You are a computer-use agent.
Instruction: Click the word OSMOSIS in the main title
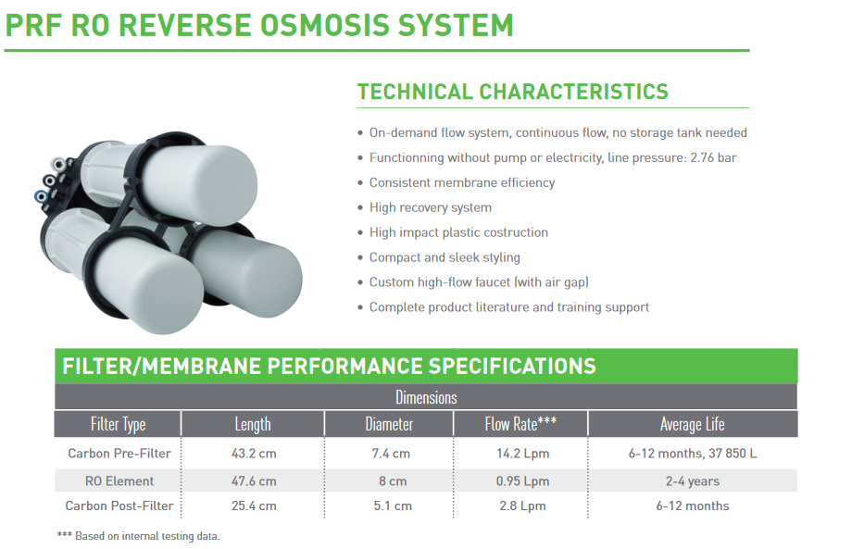324,25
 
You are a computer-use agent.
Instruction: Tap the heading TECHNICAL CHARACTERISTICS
512,92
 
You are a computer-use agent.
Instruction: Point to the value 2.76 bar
713,157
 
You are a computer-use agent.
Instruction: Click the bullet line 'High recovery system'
430,207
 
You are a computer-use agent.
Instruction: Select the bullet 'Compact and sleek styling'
445,257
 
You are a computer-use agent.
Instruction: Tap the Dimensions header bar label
426,397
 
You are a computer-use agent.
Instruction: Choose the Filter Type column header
118,424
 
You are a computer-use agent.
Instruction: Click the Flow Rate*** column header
520,423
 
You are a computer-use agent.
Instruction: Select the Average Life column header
692,424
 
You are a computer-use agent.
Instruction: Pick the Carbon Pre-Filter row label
119,454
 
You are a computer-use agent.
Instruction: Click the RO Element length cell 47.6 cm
254,480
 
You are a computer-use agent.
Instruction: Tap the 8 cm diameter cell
393,480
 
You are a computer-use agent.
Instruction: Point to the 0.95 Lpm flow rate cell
522,480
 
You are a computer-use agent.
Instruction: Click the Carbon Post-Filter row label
119,505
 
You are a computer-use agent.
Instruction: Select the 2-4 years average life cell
692,481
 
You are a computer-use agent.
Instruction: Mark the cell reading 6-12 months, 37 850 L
692,454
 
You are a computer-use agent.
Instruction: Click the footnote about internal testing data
138,536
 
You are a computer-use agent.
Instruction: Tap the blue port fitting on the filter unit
40,195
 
